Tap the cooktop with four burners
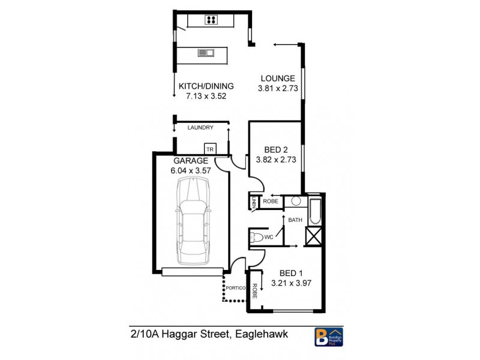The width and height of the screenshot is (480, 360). [x=211, y=20]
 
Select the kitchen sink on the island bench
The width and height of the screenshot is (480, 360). [x=206, y=53]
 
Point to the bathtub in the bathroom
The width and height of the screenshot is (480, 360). [x=315, y=211]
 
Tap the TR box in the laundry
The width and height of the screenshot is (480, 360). [x=210, y=149]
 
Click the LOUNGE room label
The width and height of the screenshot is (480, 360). [x=277, y=78]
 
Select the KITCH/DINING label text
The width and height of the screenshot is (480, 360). [x=206, y=86]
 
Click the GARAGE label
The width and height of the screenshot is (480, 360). [x=191, y=161]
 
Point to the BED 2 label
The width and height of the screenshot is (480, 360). [x=277, y=150]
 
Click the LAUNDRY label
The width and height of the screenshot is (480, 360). [x=200, y=128]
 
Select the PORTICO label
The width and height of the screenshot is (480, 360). [x=236, y=289]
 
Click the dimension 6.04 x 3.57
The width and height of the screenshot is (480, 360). [x=191, y=170]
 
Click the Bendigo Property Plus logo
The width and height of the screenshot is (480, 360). [x=329, y=336]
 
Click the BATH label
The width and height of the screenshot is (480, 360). [x=295, y=220]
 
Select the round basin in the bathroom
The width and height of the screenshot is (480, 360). [x=296, y=202]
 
